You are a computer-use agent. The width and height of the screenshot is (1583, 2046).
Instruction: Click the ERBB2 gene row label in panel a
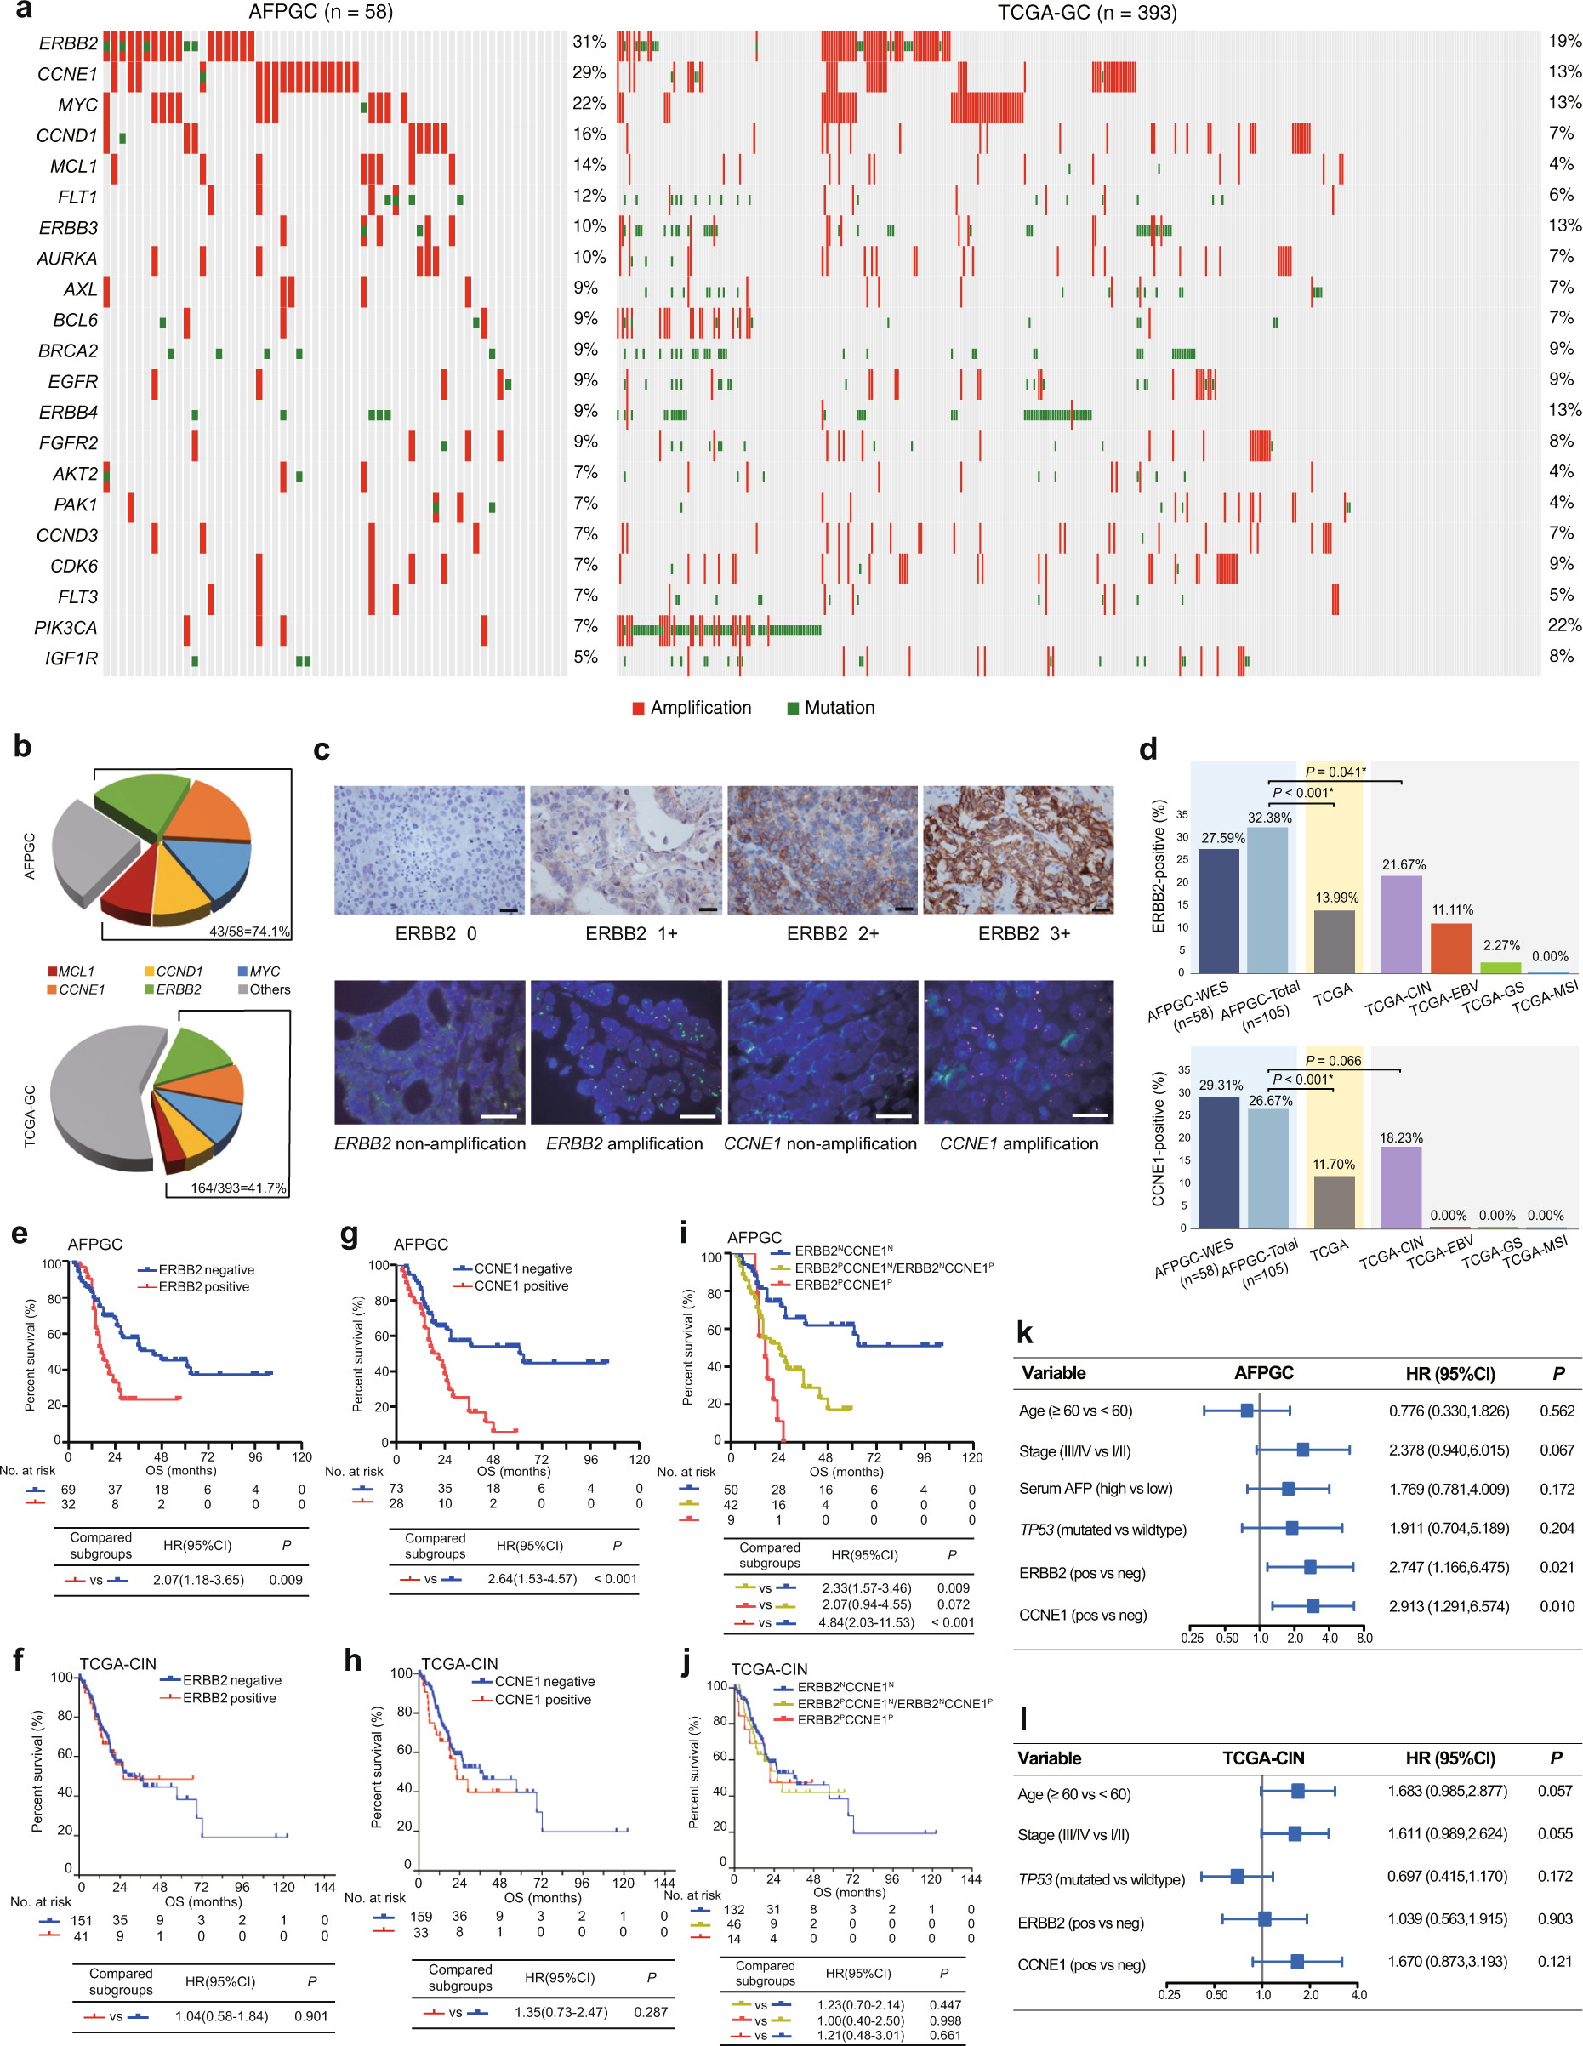pos(67,44)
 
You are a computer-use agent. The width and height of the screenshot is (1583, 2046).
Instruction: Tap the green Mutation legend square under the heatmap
pos(793,708)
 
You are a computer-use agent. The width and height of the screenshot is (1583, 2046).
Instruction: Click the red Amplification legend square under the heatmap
pos(638,708)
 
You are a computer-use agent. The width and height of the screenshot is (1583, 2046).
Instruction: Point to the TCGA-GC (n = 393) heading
pos(1086,13)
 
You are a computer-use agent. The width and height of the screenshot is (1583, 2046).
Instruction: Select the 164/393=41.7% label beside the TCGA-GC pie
pos(238,1188)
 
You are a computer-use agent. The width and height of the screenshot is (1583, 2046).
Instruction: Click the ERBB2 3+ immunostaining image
pos(1018,850)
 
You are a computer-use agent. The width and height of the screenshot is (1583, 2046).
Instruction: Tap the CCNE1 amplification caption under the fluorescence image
pos(1018,1144)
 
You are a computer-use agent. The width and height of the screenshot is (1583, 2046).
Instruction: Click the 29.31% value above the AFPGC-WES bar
pos(1221,1085)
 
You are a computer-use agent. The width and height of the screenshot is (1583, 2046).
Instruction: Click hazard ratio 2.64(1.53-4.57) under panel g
pos(532,1579)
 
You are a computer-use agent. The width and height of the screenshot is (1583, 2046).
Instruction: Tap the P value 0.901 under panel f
pos(311,2016)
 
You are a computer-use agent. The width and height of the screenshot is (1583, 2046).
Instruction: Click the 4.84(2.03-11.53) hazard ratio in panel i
pos(867,1622)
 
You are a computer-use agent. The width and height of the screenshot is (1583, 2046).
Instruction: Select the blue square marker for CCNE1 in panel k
pos(1313,1605)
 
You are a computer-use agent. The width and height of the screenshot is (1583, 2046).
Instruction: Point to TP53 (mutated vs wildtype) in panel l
pos(1101,1879)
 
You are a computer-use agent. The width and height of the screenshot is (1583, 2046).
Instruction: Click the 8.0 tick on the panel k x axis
pos(1364,1638)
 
